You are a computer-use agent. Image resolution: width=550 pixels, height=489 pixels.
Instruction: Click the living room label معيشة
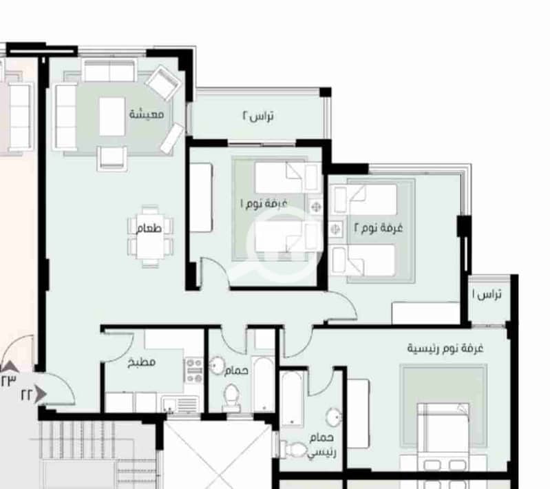[147, 114]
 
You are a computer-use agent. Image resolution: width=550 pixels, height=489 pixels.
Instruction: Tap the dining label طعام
[149, 229]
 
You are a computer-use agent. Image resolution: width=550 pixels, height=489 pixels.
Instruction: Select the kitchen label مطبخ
[141, 362]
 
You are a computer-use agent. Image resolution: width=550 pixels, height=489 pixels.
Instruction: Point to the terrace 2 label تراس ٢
[258, 116]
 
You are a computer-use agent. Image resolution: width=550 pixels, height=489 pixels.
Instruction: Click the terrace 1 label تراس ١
[487, 294]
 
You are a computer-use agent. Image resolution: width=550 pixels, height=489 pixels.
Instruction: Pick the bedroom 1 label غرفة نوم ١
[264, 203]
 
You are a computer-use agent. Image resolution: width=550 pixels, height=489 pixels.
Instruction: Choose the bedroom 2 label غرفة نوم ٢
[378, 228]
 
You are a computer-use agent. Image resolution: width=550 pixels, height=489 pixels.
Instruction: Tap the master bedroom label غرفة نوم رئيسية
[445, 348]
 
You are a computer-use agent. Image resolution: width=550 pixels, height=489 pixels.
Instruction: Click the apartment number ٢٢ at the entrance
[27, 395]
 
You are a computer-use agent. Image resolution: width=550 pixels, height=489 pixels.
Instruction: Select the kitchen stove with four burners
[194, 371]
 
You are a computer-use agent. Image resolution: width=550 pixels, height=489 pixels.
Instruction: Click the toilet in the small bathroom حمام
[231, 397]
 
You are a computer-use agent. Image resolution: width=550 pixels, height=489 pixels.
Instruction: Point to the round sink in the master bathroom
[334, 417]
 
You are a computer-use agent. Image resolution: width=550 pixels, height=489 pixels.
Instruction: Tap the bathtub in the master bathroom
[292, 398]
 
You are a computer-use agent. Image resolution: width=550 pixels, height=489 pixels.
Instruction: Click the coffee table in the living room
[112, 116]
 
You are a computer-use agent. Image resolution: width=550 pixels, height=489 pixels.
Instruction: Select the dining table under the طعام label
[150, 237]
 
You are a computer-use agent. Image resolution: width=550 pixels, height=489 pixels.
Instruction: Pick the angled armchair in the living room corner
[163, 83]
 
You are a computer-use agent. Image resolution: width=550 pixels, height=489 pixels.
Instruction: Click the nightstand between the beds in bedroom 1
[315, 207]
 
